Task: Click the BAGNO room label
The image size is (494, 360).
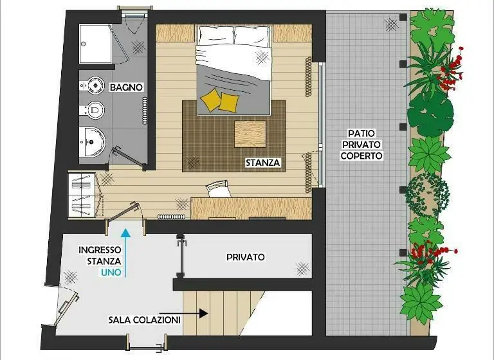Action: (126, 87)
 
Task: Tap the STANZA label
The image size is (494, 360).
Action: (262, 163)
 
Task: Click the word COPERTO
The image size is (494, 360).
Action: (361, 156)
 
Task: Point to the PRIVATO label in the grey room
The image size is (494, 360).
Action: (246, 257)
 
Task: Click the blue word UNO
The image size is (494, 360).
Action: (111, 273)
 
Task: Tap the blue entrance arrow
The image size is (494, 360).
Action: (125, 253)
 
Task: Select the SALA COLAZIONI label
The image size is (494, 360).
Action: (145, 320)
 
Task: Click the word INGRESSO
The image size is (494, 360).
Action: (100, 250)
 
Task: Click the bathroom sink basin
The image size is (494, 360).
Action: (92, 141)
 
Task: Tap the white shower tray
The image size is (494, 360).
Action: (95, 44)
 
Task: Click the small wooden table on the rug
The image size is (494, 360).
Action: (250, 134)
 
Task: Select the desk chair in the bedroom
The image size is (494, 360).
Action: (217, 188)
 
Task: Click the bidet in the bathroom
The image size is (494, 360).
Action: (92, 85)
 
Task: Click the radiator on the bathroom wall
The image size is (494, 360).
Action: (145, 111)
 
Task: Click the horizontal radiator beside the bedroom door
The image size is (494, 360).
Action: (171, 217)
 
